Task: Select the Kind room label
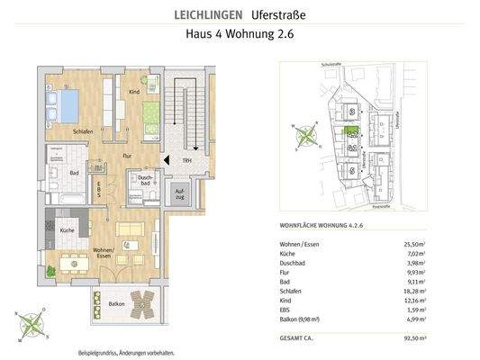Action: pyautogui.click(x=133, y=92)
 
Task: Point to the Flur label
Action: pyautogui.click(x=115, y=154)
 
